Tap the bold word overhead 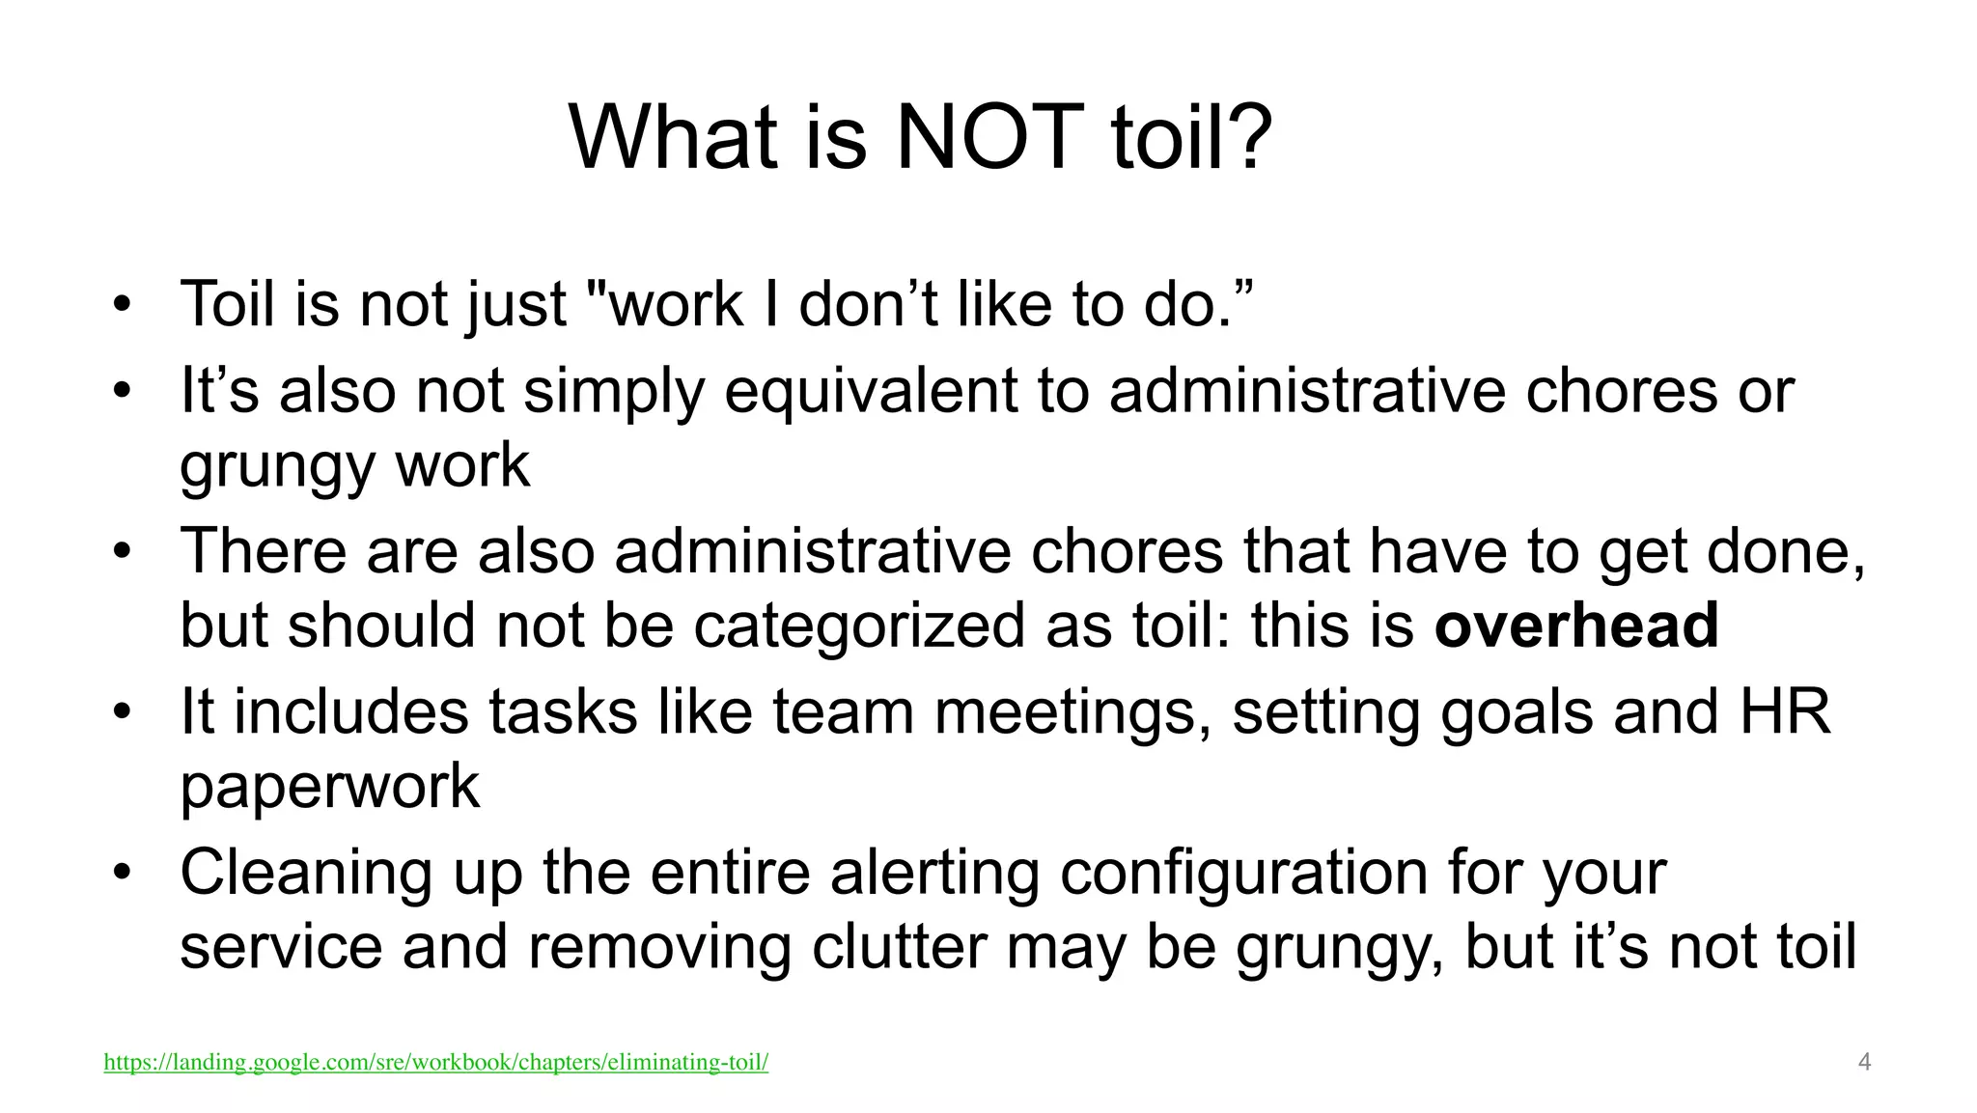point(1576,626)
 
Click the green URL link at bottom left point(435,1063)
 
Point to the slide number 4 point(1864,1063)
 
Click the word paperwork point(329,787)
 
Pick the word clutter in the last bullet point(899,947)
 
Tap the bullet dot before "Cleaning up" point(121,874)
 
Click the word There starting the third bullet point(264,551)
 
